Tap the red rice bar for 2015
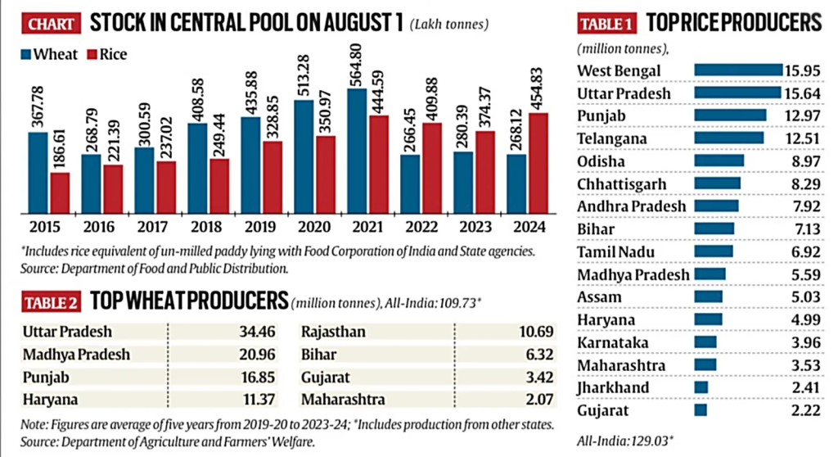click(60, 191)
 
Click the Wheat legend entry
click(49, 55)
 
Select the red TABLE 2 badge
click(50, 302)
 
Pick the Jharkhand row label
click(613, 387)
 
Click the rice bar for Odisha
click(719, 161)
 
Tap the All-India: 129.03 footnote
click(624, 439)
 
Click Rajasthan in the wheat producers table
click(333, 332)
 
